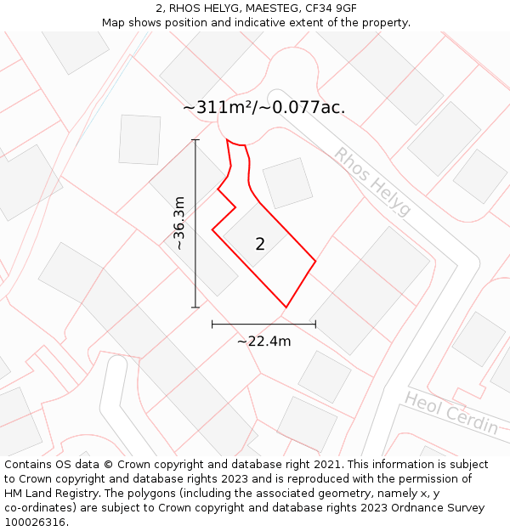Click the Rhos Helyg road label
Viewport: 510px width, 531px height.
click(x=372, y=181)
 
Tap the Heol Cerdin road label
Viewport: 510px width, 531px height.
click(x=451, y=413)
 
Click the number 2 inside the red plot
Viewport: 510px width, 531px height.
click(x=260, y=245)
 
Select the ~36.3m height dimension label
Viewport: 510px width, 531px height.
click(x=178, y=223)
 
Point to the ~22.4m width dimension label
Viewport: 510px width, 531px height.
click(x=263, y=342)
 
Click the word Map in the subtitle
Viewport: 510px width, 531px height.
click(x=114, y=22)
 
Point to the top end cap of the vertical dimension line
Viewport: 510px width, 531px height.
click(x=195, y=140)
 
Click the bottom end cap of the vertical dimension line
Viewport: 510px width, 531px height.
click(x=195, y=307)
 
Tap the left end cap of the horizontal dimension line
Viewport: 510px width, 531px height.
click(x=212, y=324)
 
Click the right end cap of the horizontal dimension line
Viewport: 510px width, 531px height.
click(x=315, y=324)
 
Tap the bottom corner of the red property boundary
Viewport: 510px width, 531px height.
click(x=286, y=307)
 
